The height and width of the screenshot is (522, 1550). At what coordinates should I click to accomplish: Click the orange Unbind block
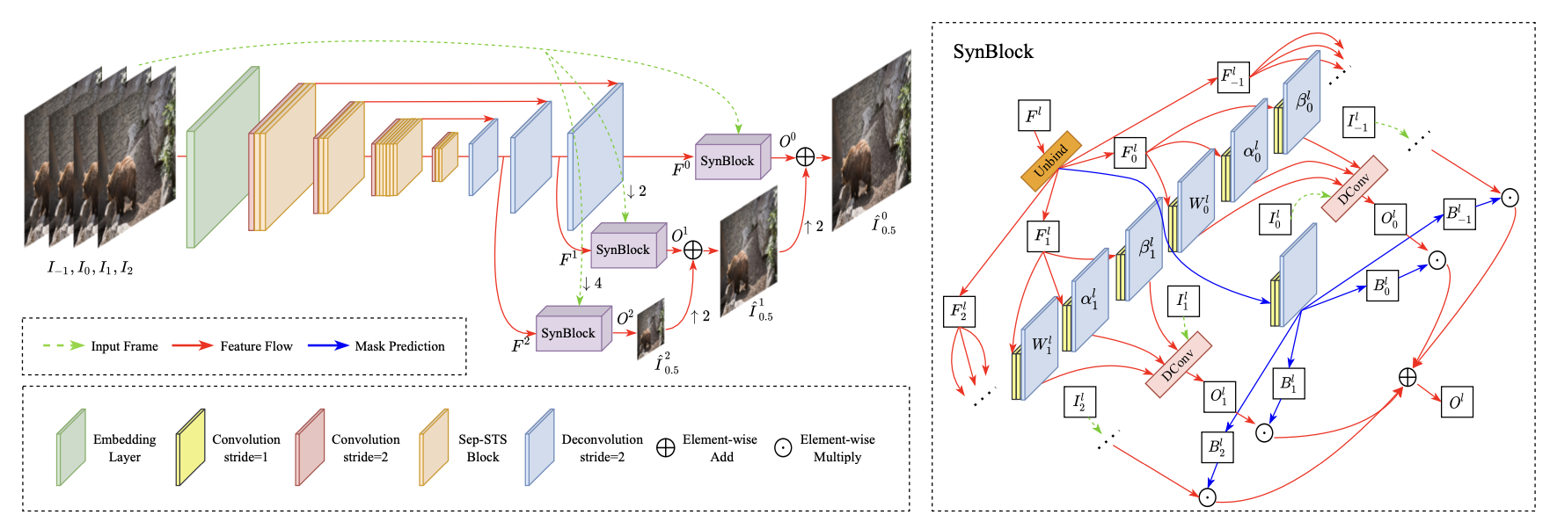1050,161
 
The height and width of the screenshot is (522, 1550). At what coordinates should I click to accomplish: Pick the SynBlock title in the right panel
993,52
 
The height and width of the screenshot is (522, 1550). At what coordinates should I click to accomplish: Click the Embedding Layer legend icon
70,446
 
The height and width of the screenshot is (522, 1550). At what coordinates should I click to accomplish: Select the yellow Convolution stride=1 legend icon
190,446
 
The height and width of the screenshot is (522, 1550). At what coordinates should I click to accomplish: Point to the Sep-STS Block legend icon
434,446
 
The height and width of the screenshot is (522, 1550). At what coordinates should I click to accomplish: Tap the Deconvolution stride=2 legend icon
539,446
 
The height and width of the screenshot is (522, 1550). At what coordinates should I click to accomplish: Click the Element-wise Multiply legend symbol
782,447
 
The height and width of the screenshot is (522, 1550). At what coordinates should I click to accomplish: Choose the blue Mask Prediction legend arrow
328,345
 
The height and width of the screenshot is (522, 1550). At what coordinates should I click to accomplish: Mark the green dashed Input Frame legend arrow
63,345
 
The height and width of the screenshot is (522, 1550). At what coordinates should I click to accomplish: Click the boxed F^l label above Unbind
1034,115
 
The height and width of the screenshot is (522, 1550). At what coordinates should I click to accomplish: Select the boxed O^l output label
1457,402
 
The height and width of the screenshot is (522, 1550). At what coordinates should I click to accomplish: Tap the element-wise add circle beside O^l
1407,377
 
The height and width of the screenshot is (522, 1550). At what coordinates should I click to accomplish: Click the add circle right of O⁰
805,157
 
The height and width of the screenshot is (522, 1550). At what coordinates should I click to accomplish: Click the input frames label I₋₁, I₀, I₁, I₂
90,268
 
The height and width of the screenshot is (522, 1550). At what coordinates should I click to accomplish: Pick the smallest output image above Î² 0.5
651,330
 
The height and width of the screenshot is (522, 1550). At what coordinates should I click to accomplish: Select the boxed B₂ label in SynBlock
1216,446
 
